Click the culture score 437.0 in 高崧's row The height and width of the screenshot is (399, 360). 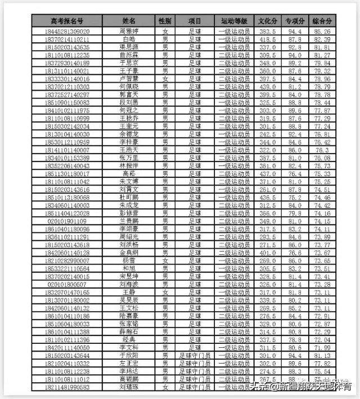click(267, 174)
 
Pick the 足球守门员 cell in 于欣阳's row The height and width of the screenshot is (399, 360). click(194, 356)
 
